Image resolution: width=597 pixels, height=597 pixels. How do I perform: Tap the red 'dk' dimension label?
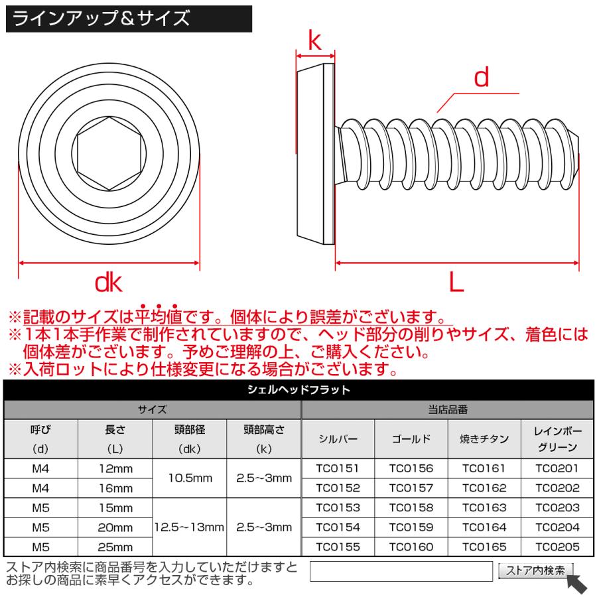[109, 283]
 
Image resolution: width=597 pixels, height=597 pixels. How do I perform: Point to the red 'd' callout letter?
[481, 79]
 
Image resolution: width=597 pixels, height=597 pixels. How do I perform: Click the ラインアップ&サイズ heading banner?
[128, 19]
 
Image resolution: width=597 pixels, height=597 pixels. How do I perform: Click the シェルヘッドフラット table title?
[298, 390]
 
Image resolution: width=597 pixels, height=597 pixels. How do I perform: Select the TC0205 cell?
[557, 547]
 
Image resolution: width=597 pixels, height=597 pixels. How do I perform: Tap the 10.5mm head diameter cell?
[190, 478]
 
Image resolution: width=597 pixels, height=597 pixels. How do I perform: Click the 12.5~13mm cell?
[190, 527]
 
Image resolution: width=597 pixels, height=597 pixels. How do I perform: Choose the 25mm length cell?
[115, 547]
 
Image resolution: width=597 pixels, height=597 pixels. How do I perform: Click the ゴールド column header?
[411, 438]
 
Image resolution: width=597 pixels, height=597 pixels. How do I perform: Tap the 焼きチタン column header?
[484, 438]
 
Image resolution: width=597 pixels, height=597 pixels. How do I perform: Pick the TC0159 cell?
[411, 527]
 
